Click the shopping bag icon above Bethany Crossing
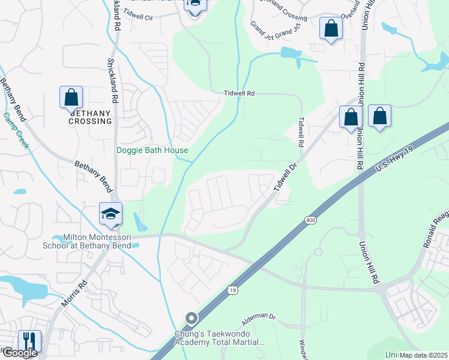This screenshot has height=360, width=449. pos(71,97)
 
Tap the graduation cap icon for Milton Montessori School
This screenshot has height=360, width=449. pos(111,214)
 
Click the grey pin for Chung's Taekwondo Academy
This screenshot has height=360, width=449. pos(191,318)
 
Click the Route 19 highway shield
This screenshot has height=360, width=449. pos(232,290)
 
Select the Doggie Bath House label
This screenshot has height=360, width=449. pos(152,151)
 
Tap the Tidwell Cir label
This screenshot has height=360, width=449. pos(140,18)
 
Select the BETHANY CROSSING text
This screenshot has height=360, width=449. pos(91,117)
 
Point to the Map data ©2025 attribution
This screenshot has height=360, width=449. pos(423,355)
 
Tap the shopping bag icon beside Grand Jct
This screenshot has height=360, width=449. pos(331,28)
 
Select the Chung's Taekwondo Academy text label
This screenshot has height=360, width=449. pos(218,338)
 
